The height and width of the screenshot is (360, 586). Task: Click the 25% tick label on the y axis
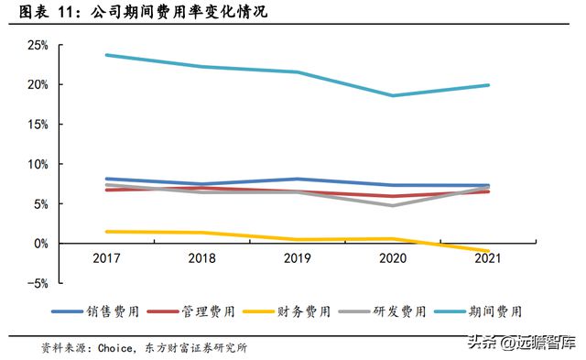tap(36, 45)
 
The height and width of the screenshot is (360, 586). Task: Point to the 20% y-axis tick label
tap(36, 84)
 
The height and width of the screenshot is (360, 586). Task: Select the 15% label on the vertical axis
tap(36, 125)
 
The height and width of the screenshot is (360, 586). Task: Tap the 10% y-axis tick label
tap(36, 164)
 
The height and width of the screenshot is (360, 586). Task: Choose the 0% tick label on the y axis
tap(39, 244)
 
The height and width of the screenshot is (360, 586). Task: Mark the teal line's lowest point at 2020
tap(394, 95)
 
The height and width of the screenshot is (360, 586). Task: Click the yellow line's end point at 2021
tap(489, 251)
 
